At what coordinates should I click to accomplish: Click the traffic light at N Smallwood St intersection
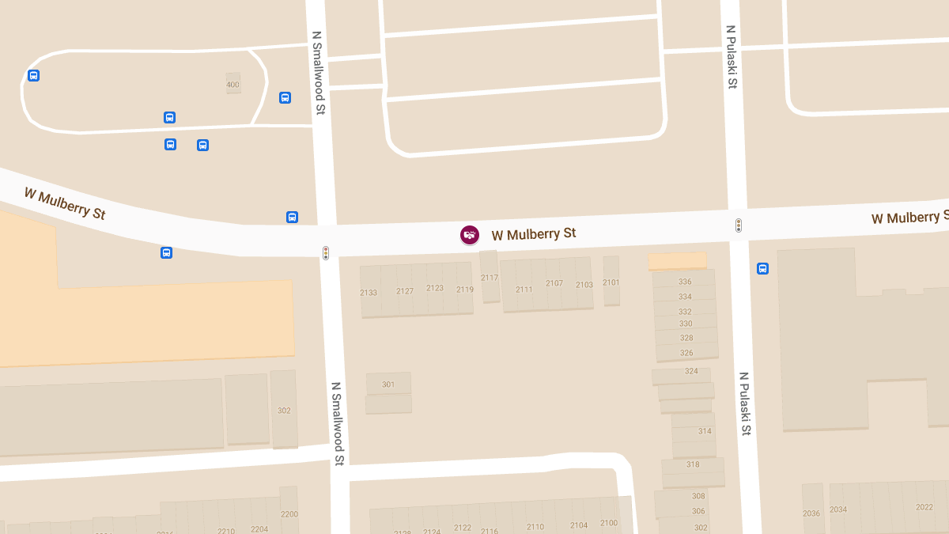(x=325, y=253)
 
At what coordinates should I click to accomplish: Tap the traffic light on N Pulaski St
(x=739, y=225)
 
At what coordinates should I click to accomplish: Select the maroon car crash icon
(x=470, y=234)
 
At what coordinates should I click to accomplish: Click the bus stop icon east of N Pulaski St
(x=763, y=268)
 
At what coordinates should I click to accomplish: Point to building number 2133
(x=369, y=292)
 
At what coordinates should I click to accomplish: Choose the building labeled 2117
(x=490, y=278)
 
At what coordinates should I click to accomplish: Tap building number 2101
(x=611, y=282)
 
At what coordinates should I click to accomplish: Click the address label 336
(x=685, y=282)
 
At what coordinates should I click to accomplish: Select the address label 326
(x=686, y=353)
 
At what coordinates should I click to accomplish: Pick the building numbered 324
(x=691, y=371)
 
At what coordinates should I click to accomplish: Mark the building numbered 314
(x=705, y=431)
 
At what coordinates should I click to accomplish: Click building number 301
(x=388, y=384)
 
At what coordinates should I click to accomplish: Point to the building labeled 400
(x=233, y=84)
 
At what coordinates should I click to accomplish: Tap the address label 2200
(x=289, y=514)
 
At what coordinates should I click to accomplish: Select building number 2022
(x=924, y=507)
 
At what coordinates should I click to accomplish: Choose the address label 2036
(x=811, y=513)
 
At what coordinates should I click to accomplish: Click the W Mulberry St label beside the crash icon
(x=534, y=234)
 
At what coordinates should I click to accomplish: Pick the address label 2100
(x=609, y=523)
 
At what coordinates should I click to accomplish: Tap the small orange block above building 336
(x=677, y=261)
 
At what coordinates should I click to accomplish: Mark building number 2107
(x=554, y=283)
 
